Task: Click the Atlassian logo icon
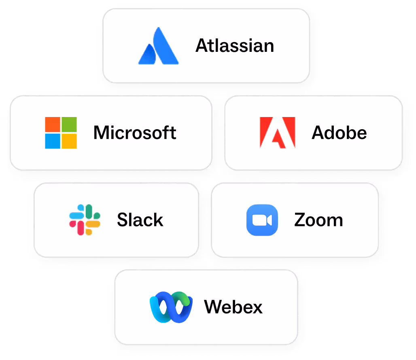(158, 46)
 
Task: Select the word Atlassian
(235, 46)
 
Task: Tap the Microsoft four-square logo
(61, 133)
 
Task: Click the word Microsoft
(135, 133)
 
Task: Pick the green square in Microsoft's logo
(69, 124)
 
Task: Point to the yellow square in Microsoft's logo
(69, 141)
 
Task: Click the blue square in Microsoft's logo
(52, 141)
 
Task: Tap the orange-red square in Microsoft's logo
(52, 124)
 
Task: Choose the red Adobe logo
(277, 132)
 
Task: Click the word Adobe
(339, 133)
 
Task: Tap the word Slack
(140, 220)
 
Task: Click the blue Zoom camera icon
(262, 220)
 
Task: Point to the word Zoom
(318, 220)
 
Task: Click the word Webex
(233, 307)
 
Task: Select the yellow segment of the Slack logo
(93, 224)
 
